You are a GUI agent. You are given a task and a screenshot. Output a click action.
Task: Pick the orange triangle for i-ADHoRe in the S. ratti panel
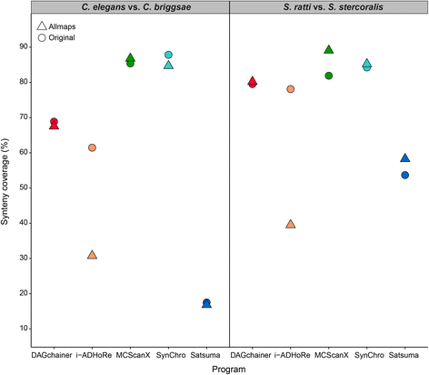point(291,224)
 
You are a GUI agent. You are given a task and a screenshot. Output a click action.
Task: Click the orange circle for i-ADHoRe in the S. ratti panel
point(291,89)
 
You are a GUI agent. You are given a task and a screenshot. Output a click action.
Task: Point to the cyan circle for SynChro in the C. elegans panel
point(168,56)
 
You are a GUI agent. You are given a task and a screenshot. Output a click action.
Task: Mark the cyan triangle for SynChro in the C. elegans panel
point(168,65)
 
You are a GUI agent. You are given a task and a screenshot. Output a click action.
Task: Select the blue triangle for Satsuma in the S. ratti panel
point(405,158)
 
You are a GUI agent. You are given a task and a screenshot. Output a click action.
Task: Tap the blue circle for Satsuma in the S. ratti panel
point(405,175)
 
